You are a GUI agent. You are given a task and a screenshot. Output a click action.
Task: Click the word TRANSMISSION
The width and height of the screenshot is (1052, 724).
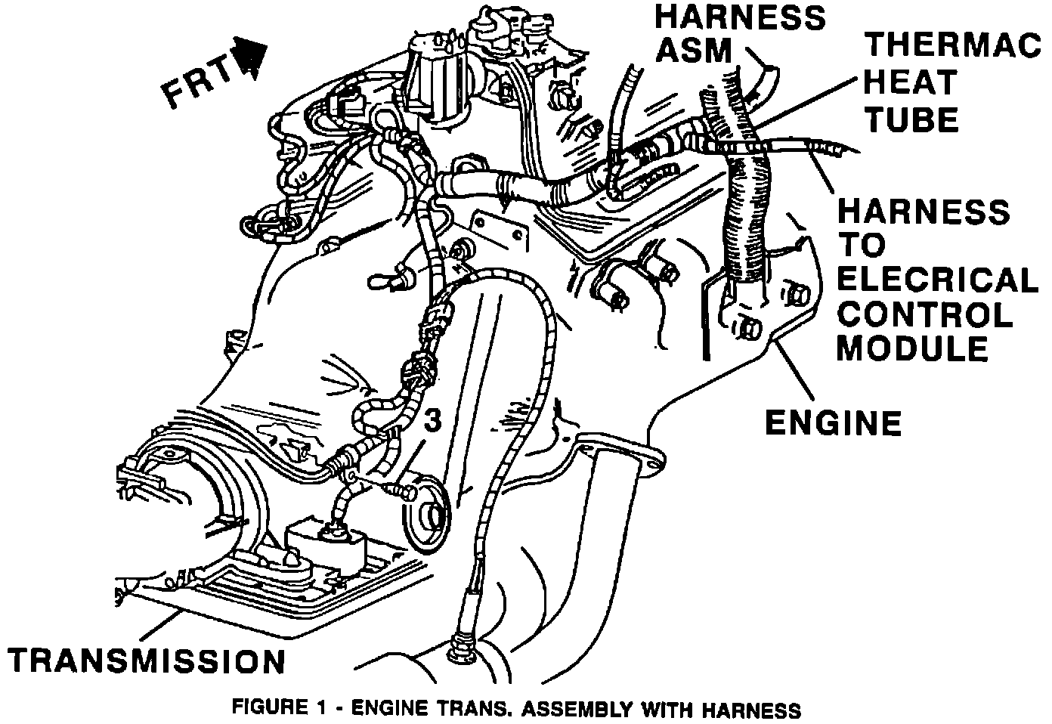[x=147, y=661]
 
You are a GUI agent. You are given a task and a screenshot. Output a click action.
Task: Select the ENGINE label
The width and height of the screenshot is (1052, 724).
[x=833, y=423]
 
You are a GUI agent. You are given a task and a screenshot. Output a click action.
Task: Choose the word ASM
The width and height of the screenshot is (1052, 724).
[x=694, y=50]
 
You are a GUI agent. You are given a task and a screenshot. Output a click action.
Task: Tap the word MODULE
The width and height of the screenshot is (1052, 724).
[x=912, y=348]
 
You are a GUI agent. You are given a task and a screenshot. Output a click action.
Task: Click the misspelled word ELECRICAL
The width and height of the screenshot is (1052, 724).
[x=937, y=280]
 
